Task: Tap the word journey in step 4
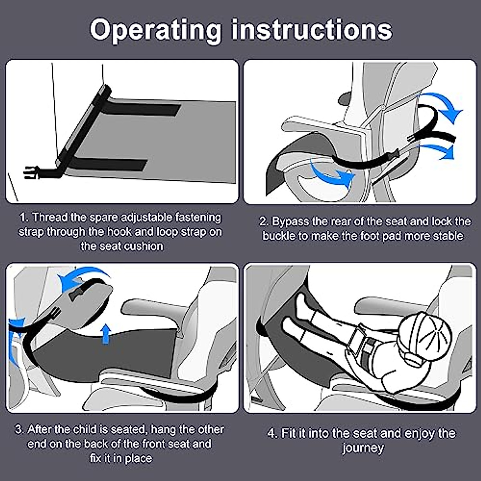(363, 448)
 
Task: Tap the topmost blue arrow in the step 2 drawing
(441, 106)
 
